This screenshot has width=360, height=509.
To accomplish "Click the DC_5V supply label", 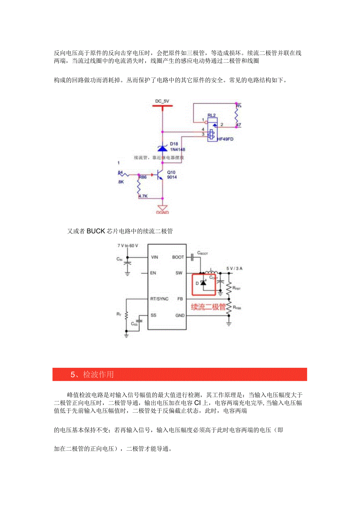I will click(x=162, y=101).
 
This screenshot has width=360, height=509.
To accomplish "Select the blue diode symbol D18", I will click(x=162, y=148).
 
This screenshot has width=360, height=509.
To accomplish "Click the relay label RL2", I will click(x=212, y=115).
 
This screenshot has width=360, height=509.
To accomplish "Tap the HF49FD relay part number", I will click(x=226, y=139).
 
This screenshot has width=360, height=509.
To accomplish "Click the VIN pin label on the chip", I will click(x=154, y=257).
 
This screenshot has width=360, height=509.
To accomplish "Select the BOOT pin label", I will click(x=178, y=257).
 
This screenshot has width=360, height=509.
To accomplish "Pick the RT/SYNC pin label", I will click(x=159, y=299).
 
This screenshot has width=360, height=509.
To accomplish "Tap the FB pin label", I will click(x=180, y=299).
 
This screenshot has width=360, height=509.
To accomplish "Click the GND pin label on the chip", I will click(x=180, y=315).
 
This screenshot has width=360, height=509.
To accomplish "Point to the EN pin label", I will click(x=153, y=273).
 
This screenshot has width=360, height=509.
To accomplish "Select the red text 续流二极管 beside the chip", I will click(x=208, y=307).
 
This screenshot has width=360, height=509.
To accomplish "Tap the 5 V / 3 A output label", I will click(x=235, y=268).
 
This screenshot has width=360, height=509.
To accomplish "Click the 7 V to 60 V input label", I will click(x=128, y=246).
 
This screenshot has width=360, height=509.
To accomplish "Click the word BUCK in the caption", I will click(x=96, y=231).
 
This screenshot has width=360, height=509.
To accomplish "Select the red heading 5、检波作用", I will click(x=92, y=374).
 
